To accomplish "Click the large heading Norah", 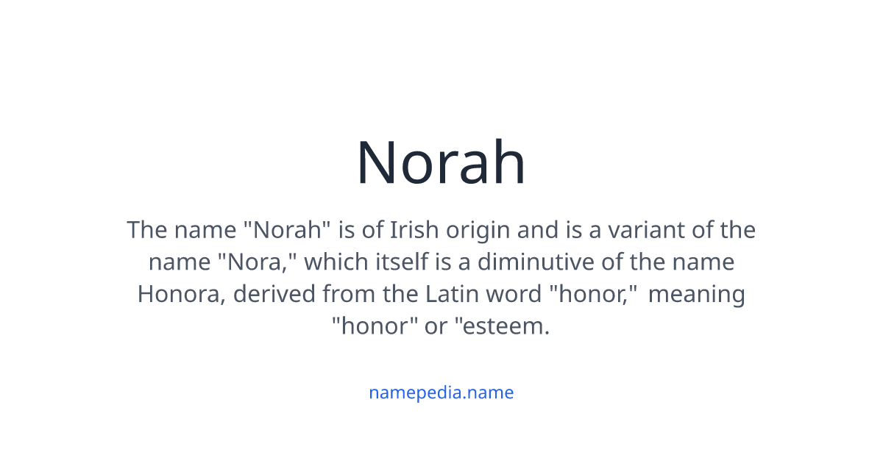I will [x=441, y=163].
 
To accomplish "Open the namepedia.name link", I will [x=441, y=392].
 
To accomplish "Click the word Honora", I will [x=181, y=294].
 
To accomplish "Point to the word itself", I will [x=391, y=262].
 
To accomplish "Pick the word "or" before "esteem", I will [x=436, y=326].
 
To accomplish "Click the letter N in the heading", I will [x=378, y=163].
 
